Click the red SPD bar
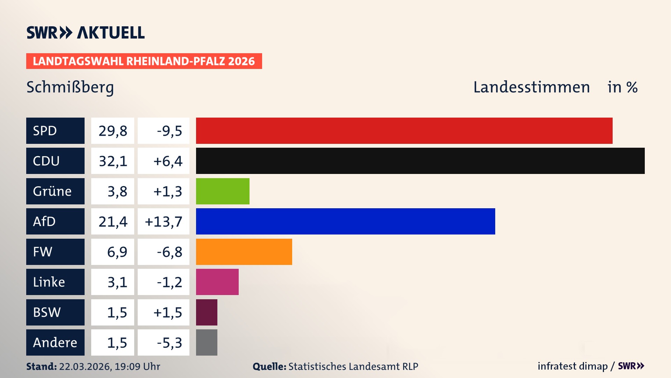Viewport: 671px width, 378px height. coord(404,131)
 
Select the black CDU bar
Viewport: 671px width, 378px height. coord(420,161)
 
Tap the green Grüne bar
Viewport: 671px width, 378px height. coord(223,191)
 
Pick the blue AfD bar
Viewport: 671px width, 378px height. coord(345,221)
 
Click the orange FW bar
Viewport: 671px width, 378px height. coord(244,252)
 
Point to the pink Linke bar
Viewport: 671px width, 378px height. coord(217,282)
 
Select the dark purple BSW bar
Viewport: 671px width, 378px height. coord(207,312)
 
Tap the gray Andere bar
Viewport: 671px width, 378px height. coord(207,342)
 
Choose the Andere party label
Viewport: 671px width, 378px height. coord(55,342)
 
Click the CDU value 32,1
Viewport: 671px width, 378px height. coord(113,161)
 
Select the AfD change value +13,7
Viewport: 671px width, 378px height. coord(163,222)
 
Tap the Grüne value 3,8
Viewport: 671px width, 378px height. coord(117,191)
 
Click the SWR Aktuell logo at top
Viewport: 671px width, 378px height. coord(86,33)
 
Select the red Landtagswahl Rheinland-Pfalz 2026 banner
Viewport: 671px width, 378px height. coord(144,61)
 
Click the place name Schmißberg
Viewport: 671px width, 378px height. coord(70,87)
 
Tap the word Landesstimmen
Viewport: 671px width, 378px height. coord(531,87)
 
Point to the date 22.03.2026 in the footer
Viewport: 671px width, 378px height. coord(85,366)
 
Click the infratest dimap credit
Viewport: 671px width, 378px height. coord(572,366)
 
